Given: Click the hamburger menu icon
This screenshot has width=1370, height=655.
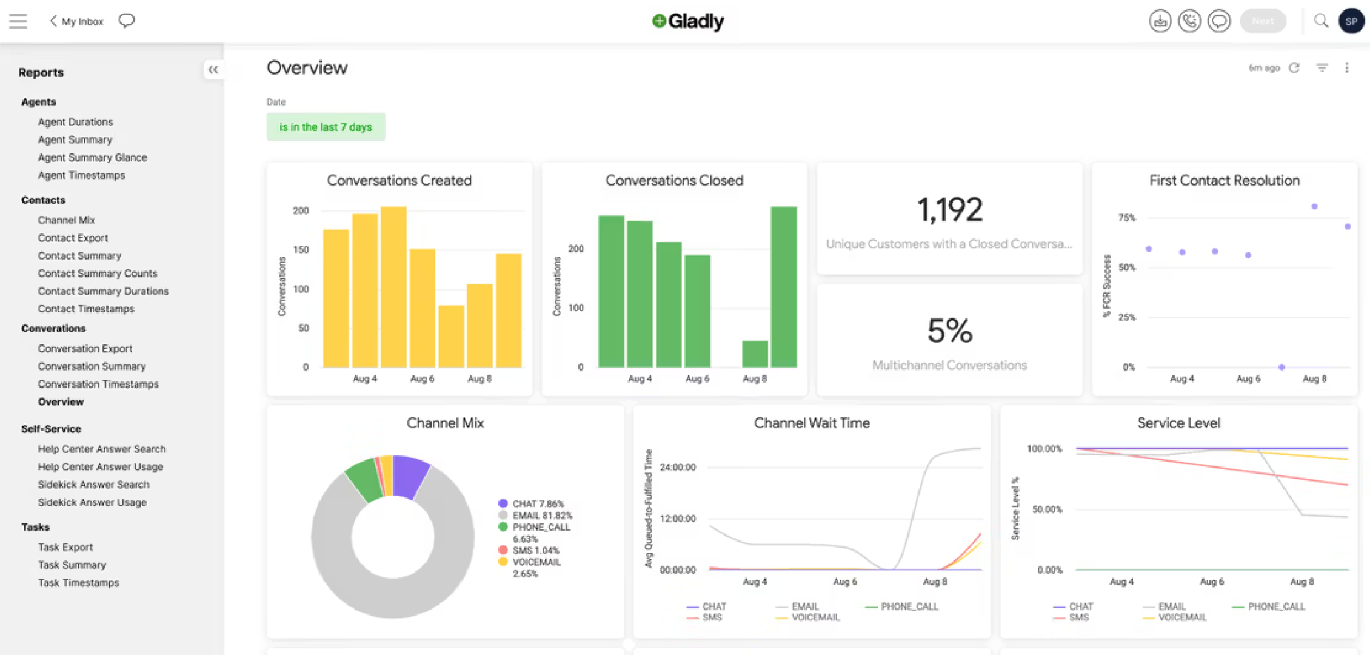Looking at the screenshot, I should pos(18,21).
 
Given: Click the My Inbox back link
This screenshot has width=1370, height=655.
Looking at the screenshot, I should pos(77,21).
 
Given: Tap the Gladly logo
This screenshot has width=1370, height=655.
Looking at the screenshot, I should pos(688,21).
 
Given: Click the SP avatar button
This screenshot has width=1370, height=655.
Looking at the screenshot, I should pos(1351,21).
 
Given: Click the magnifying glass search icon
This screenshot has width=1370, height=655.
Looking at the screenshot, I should pos(1321,21).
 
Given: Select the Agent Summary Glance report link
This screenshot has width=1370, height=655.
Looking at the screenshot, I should pos(92,158).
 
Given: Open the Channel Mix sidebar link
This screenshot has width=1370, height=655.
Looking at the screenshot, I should pos(66,220).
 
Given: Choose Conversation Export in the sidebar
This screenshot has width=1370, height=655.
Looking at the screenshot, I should pos(85,349).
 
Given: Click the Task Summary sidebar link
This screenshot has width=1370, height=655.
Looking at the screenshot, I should pos(72,565).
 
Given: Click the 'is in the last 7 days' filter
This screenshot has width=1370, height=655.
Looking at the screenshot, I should pos(326,127).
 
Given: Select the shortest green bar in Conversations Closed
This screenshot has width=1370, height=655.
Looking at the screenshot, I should pos(755,354).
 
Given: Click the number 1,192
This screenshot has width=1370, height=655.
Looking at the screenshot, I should pos(949,210).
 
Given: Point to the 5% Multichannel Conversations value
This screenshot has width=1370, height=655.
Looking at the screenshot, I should pos(949,331).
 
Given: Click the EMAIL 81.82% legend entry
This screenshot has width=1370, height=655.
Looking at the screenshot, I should pos(541,516).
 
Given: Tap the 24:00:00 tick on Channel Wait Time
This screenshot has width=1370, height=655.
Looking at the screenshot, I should pos(677,468).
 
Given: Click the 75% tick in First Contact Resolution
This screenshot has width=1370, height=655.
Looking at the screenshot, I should pos(1126,218).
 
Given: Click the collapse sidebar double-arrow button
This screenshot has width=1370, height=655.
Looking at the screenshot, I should pos(213,70).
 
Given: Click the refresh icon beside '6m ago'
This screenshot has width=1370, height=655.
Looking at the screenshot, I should pos(1294,68).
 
